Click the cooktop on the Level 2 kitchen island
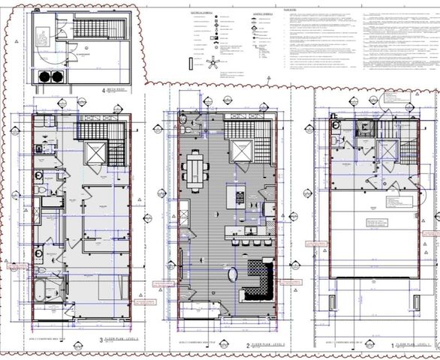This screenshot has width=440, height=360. tap(240, 199)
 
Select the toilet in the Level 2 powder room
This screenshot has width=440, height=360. tap(182, 130)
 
